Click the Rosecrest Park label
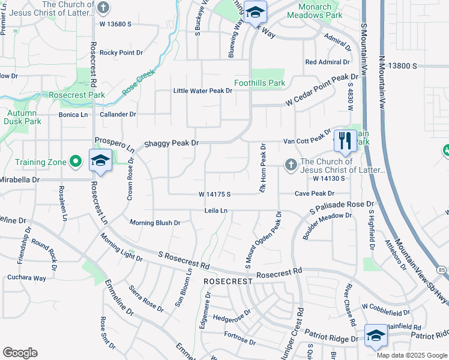[x=77, y=95]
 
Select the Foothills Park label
[x=259, y=83]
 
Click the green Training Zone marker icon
[x=76, y=161]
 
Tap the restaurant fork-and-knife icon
[x=344, y=141]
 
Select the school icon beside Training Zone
[x=100, y=161]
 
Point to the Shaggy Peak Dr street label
[x=171, y=144]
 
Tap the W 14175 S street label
[x=214, y=194]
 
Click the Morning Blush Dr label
[x=155, y=223]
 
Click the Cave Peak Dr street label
[x=314, y=194]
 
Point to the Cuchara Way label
[x=26, y=278]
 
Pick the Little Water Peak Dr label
[x=202, y=91]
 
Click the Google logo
[x=20, y=353]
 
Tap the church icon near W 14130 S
[x=291, y=165]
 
